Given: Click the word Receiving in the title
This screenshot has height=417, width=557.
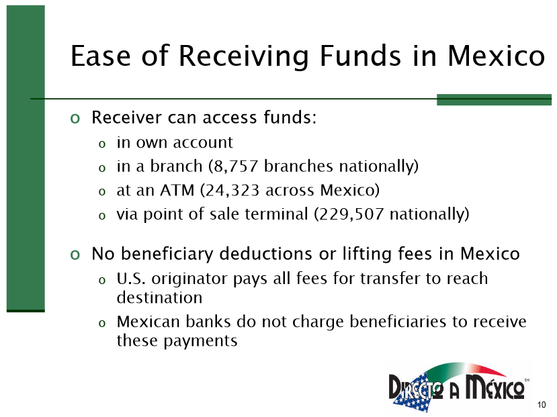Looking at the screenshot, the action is coord(243,57).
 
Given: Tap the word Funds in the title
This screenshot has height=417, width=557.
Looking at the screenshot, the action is coord(361,56).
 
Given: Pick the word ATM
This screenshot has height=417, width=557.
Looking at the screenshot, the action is coord(177,190).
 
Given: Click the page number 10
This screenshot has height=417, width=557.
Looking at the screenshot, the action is coord(542,405).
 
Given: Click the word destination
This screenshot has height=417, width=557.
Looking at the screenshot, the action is coord(159,297).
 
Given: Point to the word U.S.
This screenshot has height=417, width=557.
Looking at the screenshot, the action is coord(131,279).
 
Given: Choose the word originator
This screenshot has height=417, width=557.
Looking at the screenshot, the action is coord(189,279).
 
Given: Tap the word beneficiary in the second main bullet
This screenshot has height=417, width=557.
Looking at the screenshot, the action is coord(167,254).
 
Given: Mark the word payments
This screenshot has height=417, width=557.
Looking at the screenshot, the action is coord(200,341).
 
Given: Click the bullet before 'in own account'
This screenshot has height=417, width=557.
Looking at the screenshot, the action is coord(102,144).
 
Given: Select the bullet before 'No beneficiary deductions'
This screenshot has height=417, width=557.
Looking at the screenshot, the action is coord(75,254).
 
